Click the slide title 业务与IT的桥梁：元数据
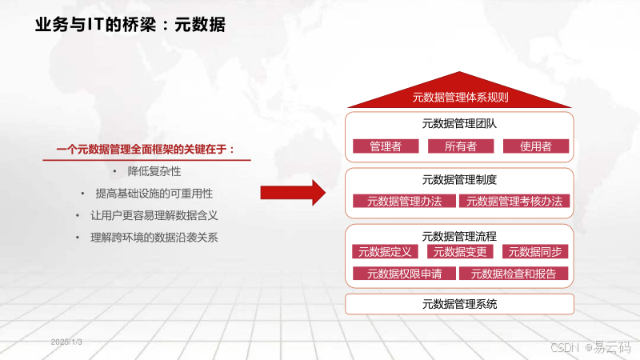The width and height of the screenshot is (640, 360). pyautogui.click(x=130, y=25)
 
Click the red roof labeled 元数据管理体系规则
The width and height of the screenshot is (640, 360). pyautogui.click(x=460, y=98)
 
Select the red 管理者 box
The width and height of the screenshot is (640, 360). pyautogui.click(x=386, y=146)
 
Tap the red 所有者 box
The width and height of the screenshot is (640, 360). pyautogui.click(x=460, y=146)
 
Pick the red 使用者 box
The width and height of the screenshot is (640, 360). pyautogui.click(x=535, y=146)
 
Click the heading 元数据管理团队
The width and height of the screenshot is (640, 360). pyautogui.click(x=460, y=124)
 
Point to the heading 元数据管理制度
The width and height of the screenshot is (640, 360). pyautogui.click(x=460, y=179)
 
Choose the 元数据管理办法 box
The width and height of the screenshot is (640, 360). pyautogui.click(x=404, y=202)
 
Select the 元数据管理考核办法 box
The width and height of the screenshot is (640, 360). pyautogui.click(x=514, y=202)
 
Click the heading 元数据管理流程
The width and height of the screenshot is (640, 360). pyautogui.click(x=460, y=236)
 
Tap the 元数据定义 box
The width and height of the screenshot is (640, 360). pyautogui.click(x=385, y=252)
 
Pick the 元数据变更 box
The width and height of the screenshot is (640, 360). pyautogui.click(x=460, y=252)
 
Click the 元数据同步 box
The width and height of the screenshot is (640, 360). pyautogui.click(x=535, y=252)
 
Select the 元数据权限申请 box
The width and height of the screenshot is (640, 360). pyautogui.click(x=404, y=274)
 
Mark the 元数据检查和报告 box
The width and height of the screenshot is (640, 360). pyautogui.click(x=514, y=274)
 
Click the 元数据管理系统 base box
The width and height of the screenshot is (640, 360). pyautogui.click(x=460, y=304)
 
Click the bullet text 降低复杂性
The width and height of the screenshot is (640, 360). pyautogui.click(x=154, y=171)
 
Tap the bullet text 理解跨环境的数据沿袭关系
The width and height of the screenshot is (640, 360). pyautogui.click(x=154, y=238)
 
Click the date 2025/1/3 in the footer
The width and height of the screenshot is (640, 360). pyautogui.click(x=67, y=342)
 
